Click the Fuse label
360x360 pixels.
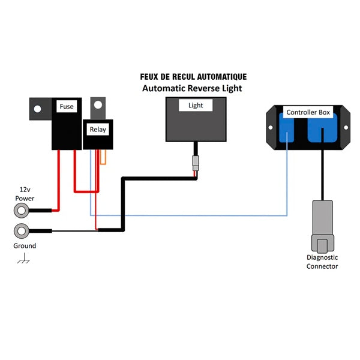tap(67, 106)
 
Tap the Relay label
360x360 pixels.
tap(98, 130)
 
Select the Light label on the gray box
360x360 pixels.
tap(196, 106)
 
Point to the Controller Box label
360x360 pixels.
tap(308, 112)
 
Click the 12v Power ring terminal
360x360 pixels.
tap(22, 211)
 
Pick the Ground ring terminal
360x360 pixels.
tap(22, 231)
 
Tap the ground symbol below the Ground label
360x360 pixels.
tap(23, 258)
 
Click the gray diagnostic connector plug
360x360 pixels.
tap(323, 227)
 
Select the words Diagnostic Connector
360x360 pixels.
tap(322, 262)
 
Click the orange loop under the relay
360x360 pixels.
tap(103, 157)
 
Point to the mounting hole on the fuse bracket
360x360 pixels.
tap(37, 109)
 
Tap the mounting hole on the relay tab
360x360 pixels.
tap(98, 105)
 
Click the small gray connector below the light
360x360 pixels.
tap(196, 163)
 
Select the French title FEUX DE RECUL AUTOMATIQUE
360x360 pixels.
tap(193, 77)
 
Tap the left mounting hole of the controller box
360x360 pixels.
tap(271, 127)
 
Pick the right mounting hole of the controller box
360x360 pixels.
tap(346, 127)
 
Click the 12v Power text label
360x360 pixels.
tap(25, 194)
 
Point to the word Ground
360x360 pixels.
tap(25, 245)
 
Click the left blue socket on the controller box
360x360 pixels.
tap(287, 128)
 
